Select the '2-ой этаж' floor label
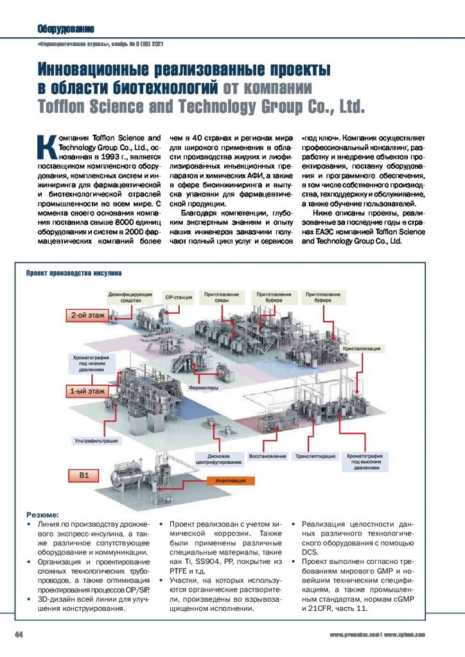87,316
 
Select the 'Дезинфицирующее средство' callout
130,296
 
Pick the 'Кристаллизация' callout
362,348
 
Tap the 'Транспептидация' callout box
315,456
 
